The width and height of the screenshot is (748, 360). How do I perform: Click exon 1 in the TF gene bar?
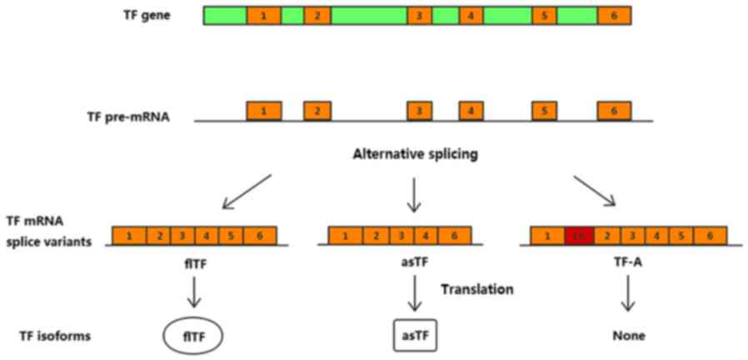[264, 16]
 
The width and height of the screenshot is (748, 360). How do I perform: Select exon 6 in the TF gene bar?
[614, 16]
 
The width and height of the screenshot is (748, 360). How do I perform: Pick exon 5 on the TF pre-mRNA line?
[544, 110]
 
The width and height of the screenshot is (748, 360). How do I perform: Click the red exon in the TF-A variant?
[579, 236]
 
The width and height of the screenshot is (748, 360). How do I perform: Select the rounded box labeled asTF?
[415, 336]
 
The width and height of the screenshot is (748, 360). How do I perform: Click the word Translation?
[476, 289]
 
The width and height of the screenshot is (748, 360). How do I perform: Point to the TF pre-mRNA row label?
[127, 117]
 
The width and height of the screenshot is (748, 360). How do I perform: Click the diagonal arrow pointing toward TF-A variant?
[594, 191]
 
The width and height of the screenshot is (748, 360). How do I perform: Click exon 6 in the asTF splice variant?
[454, 236]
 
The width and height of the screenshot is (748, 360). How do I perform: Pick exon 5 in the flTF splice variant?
[233, 236]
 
